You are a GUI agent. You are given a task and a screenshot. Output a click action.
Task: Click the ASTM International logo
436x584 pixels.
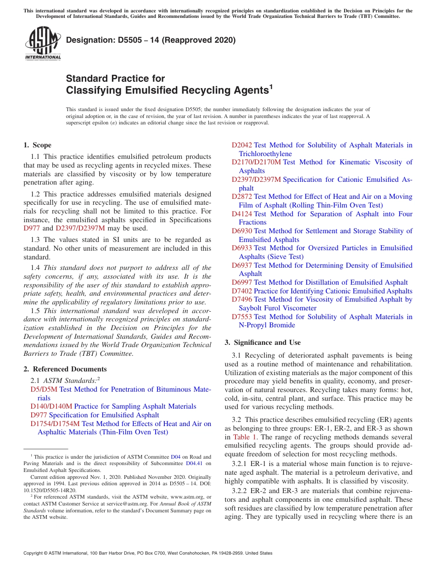(43, 44)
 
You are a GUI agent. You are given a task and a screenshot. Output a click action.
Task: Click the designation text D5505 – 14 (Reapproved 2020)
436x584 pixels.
(151, 40)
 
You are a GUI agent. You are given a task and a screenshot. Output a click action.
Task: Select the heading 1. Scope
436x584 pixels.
(37, 145)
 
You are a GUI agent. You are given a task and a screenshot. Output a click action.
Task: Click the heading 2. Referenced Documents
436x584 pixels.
(65, 369)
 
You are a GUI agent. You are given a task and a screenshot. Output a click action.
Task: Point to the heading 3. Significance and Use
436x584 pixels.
(263, 343)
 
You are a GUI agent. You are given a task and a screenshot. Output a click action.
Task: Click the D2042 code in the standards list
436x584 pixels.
(241, 145)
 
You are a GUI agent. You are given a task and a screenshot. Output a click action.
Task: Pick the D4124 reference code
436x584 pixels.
(241, 214)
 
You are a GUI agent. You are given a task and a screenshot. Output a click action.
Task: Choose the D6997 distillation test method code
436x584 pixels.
(241, 282)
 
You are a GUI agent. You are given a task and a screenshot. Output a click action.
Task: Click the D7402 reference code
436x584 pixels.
(241, 291)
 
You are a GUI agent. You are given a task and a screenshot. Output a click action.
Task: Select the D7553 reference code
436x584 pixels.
(241, 317)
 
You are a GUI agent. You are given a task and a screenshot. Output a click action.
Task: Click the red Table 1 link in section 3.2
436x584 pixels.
(245, 437)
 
